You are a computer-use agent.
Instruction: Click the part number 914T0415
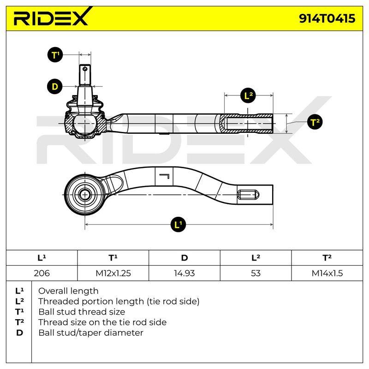click(327, 18)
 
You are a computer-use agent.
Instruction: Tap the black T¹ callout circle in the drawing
click(55, 55)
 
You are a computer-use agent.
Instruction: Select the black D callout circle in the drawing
click(55, 86)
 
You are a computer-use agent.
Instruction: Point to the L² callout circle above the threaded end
click(249, 95)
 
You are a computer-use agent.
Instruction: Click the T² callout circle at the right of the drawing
click(315, 122)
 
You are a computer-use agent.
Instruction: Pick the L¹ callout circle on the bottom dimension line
click(178, 224)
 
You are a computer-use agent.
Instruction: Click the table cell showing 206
click(42, 273)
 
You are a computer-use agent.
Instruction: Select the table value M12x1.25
click(113, 273)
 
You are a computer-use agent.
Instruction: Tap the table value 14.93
click(184, 273)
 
